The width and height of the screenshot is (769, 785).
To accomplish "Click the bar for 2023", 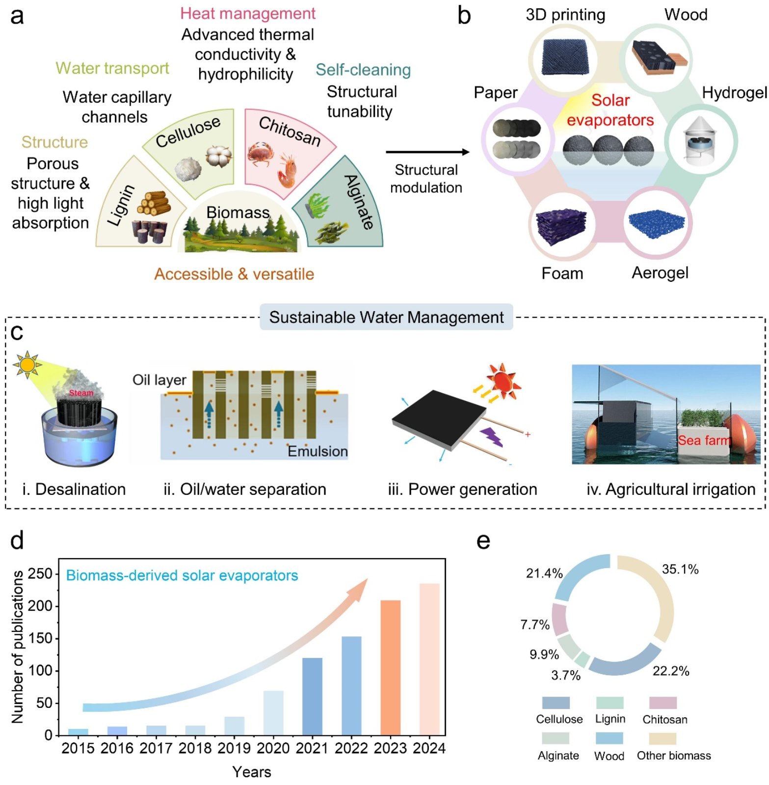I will pos(390,667).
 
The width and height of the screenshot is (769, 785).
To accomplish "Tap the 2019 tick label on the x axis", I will pos(234,748).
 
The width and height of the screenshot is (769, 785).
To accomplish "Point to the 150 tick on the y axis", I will pos(40,638).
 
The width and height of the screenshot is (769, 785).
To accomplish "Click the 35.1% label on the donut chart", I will pos(680,569).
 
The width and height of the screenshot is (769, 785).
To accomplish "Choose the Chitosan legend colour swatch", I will pos(663,703).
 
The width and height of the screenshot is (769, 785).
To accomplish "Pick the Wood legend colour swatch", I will pos(609,738).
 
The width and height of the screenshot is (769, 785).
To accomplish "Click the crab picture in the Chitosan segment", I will pos(260,154).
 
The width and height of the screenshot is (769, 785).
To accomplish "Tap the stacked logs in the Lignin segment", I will pos(154,202).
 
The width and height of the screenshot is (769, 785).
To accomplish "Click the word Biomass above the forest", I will pos(238,212).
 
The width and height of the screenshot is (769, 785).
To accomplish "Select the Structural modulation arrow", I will pos(427,152).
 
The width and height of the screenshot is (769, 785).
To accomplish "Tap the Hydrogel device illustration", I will pos(701,141).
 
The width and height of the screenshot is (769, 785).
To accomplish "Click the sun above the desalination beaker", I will pos(27,364).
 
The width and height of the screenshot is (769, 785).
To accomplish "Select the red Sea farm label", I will pos(704,440).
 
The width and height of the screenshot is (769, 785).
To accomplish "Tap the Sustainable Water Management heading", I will pos(386,317).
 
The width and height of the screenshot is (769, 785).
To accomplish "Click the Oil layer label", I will pos(159,379).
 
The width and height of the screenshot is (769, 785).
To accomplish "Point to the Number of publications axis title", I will pos(18,647).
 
